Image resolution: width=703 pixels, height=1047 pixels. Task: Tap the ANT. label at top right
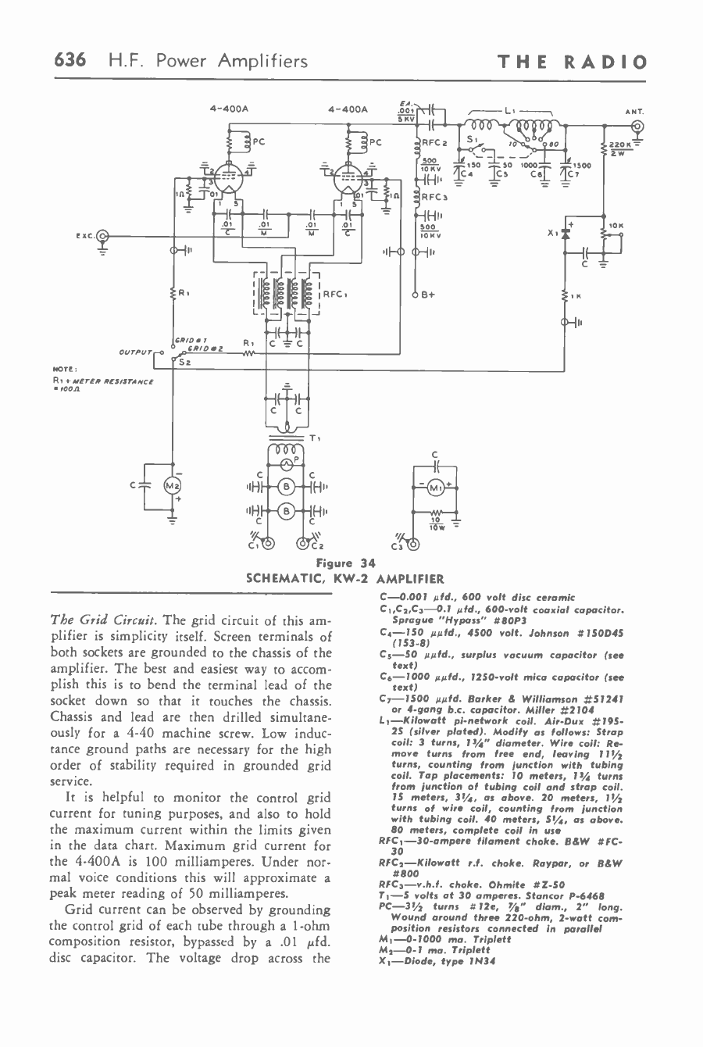[x=634, y=111]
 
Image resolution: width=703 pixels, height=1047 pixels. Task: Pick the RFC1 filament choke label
[x=339, y=295]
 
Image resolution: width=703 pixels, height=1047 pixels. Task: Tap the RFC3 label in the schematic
[x=434, y=197]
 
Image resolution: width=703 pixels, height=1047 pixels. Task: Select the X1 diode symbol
[x=566, y=232]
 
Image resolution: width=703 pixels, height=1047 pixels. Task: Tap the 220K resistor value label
[x=622, y=145]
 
